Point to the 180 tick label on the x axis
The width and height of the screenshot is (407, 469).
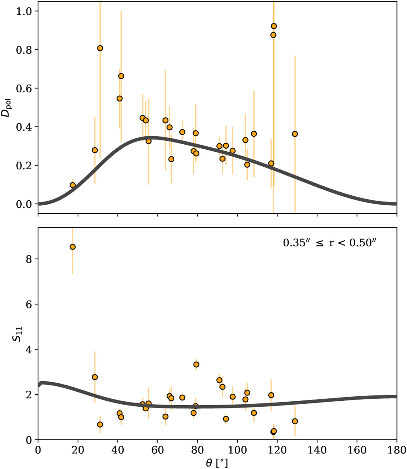point(396,450)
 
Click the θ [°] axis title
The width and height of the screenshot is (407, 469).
point(217,463)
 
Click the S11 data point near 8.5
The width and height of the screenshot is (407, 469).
point(72,247)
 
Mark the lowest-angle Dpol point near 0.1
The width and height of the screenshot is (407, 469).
point(72,185)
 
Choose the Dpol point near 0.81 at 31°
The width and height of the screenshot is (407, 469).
point(100,48)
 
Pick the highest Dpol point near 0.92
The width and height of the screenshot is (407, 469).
point(274,26)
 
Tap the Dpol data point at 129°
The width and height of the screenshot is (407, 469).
point(295,134)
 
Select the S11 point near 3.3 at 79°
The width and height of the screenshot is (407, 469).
point(196,364)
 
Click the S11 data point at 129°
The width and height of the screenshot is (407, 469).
point(295,421)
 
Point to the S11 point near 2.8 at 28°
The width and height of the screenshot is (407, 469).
point(95,377)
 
